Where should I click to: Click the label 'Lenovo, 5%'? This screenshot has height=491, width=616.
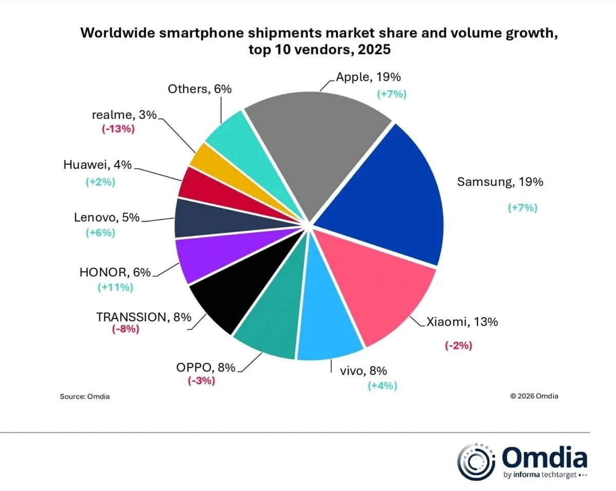point(106,218)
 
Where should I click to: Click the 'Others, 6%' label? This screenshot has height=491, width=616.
point(200,89)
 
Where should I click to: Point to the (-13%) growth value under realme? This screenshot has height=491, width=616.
point(118,129)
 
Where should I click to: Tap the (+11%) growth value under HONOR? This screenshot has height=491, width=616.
point(115,287)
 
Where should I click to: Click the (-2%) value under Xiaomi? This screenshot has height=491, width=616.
point(458,345)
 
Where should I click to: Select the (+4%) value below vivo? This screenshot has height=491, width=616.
point(382,386)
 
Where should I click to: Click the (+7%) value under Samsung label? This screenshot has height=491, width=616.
point(522,208)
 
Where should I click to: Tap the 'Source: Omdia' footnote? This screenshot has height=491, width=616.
point(85,396)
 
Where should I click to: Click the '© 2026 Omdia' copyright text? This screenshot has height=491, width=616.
point(534,396)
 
